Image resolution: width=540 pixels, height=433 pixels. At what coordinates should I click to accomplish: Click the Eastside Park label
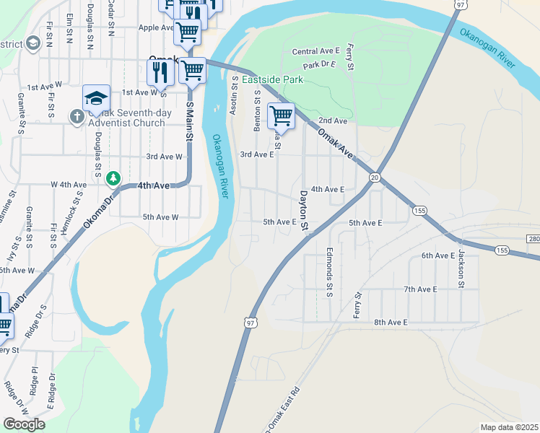[272, 79]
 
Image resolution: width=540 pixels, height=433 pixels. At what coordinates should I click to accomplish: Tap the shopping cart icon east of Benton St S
[281, 115]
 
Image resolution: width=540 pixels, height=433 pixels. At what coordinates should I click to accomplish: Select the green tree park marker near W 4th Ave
[113, 178]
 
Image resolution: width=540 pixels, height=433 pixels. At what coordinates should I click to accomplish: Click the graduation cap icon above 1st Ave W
[96, 97]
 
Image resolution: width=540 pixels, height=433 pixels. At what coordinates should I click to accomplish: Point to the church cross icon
[77, 115]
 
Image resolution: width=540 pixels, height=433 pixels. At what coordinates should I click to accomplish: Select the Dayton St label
[305, 211]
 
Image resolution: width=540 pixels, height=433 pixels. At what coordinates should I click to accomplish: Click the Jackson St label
[459, 269]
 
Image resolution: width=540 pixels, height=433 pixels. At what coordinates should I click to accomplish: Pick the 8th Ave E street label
[391, 322]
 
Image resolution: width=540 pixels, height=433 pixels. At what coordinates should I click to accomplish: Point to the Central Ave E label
[316, 51]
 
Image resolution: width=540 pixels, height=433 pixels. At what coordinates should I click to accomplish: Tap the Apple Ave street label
[155, 27]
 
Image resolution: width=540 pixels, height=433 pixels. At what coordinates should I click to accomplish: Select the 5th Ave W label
[160, 216]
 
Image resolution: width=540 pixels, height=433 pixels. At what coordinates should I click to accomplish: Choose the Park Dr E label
[321, 65]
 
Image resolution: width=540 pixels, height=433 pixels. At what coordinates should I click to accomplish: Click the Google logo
[24, 424]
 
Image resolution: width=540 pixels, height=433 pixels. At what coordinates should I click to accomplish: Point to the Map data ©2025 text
[509, 427]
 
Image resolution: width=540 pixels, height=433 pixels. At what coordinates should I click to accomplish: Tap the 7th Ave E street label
[421, 289]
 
